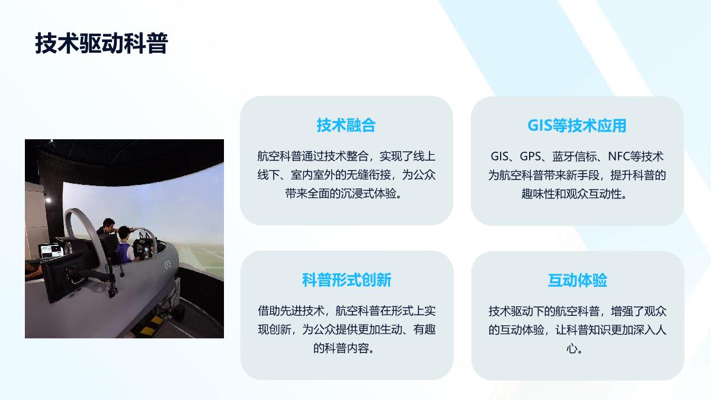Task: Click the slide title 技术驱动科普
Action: pyautogui.click(x=101, y=43)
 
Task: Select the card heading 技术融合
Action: pyautogui.click(x=346, y=125)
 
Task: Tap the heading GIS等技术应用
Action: pyautogui.click(x=577, y=126)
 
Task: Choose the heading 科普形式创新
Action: pyautogui.click(x=346, y=280)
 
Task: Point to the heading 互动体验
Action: pyautogui.click(x=577, y=280)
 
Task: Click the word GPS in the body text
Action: pyautogui.click(x=530, y=156)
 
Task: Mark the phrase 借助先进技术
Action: pyautogui.click(x=291, y=311)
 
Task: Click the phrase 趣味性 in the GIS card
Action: pyautogui.click(x=538, y=194)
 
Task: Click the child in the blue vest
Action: pyautogui.click(x=125, y=245)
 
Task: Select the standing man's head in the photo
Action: pyautogui.click(x=109, y=223)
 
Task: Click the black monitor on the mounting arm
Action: pyautogui.click(x=63, y=276)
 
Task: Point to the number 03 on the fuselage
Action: pyautogui.click(x=167, y=264)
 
